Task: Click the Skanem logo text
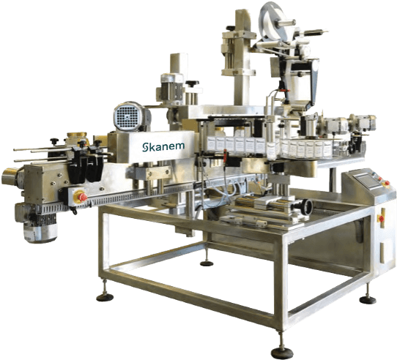point(163,147)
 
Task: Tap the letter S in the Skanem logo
point(145,148)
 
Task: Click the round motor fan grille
point(127,116)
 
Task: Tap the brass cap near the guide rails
point(77,135)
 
